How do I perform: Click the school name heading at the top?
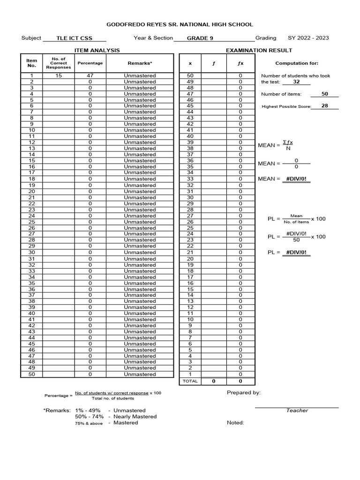[180, 24]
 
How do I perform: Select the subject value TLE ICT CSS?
[74, 38]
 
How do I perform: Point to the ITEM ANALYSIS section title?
[97, 50]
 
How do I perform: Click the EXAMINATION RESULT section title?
[259, 50]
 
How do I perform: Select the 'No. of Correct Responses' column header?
[59, 63]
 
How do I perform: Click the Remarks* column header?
[140, 63]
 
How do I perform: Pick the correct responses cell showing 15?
[59, 75]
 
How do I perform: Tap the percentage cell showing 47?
[90, 75]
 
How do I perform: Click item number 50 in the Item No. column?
[32, 374]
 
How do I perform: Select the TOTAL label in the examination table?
[190, 381]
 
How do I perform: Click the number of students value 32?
[296, 82]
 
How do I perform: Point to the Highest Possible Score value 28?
[324, 106]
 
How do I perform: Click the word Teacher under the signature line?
[297, 411]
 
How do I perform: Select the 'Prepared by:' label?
[244, 393]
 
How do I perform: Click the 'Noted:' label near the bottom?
[235, 423]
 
